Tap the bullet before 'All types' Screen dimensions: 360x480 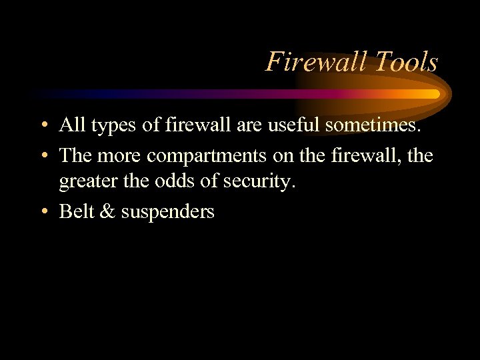coord(43,125)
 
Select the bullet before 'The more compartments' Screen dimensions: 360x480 coord(43,156)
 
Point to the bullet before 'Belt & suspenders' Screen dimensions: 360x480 coord(43,213)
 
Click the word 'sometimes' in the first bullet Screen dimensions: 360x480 coord(379,125)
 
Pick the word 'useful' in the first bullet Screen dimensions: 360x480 coord(296,125)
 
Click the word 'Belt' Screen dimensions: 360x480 coord(75,211)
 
